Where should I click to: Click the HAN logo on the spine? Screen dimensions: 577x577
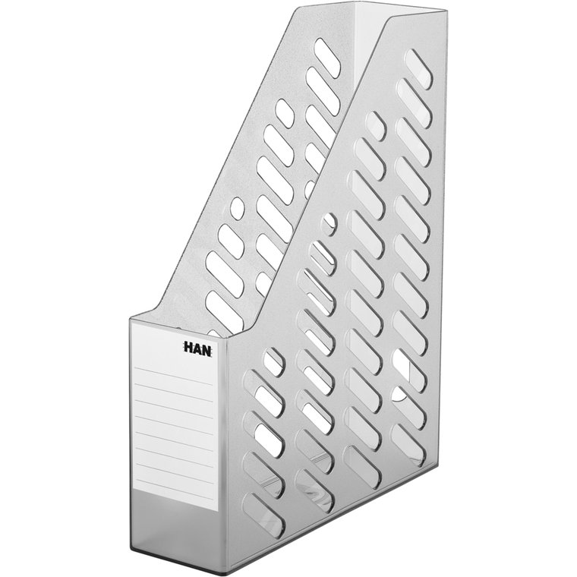197,348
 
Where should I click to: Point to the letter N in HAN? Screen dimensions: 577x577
207,350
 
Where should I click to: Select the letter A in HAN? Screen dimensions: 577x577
197,348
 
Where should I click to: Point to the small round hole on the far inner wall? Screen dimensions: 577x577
237,208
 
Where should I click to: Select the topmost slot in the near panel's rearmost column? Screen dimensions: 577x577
418,68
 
